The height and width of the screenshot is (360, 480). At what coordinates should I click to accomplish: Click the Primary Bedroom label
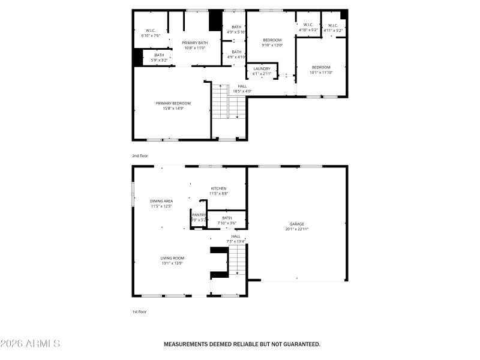(x=173, y=103)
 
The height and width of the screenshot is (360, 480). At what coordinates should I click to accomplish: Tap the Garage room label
(x=297, y=224)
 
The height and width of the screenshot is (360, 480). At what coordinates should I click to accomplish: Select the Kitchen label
(x=218, y=188)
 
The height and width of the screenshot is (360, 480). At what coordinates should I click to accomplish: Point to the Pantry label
(x=199, y=215)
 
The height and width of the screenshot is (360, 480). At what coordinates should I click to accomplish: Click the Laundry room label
(x=262, y=68)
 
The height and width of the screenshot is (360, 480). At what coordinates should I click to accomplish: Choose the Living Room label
(x=171, y=258)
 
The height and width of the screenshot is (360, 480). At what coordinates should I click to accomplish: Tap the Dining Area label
(x=161, y=201)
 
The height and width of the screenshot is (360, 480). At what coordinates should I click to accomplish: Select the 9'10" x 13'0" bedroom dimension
(x=272, y=45)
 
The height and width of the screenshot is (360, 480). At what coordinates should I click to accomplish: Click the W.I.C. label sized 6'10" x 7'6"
(x=151, y=36)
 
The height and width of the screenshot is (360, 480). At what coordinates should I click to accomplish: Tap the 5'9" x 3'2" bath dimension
(x=159, y=60)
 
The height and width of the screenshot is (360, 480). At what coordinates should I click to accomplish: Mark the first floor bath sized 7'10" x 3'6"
(x=227, y=220)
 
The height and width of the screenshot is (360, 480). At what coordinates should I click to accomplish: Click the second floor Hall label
(x=242, y=86)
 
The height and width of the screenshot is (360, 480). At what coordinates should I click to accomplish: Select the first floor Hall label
(x=236, y=236)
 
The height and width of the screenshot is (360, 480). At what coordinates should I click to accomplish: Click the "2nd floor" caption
(x=140, y=155)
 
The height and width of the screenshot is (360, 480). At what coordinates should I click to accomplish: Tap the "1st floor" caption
(x=139, y=311)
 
